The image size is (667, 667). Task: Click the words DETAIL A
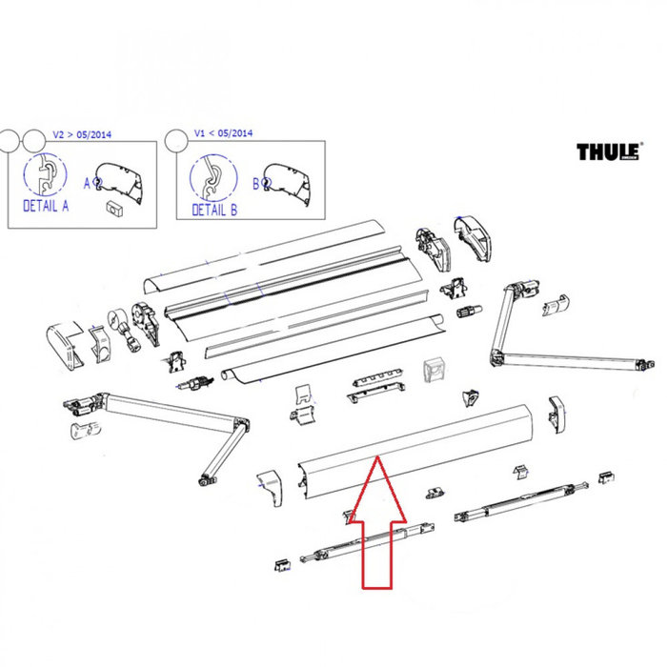(x=46, y=205)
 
